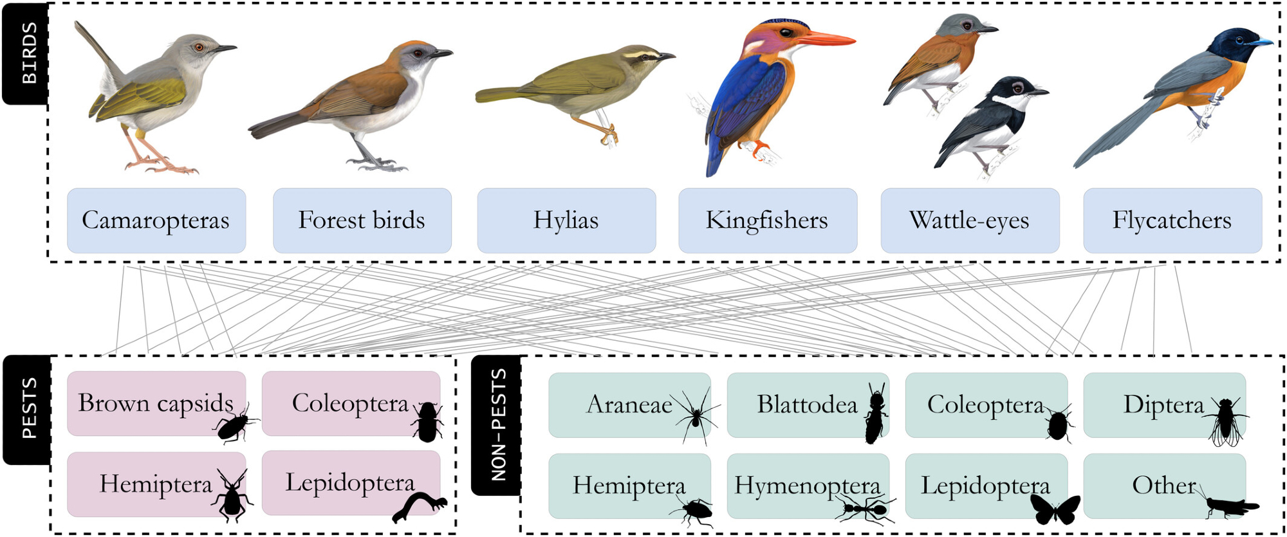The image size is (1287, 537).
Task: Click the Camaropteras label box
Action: (156, 221)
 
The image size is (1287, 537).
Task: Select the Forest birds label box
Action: (362, 221)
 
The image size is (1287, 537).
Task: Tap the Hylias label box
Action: (566, 221)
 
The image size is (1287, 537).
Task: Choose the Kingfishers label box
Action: (767, 221)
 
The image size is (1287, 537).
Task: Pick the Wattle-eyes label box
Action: (969, 221)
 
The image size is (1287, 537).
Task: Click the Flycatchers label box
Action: (1172, 221)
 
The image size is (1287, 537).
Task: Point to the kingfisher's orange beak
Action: (826, 39)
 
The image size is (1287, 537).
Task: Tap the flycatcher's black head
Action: (1232, 45)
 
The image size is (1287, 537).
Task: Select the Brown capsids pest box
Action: (156, 403)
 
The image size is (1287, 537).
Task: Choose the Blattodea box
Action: (808, 405)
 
